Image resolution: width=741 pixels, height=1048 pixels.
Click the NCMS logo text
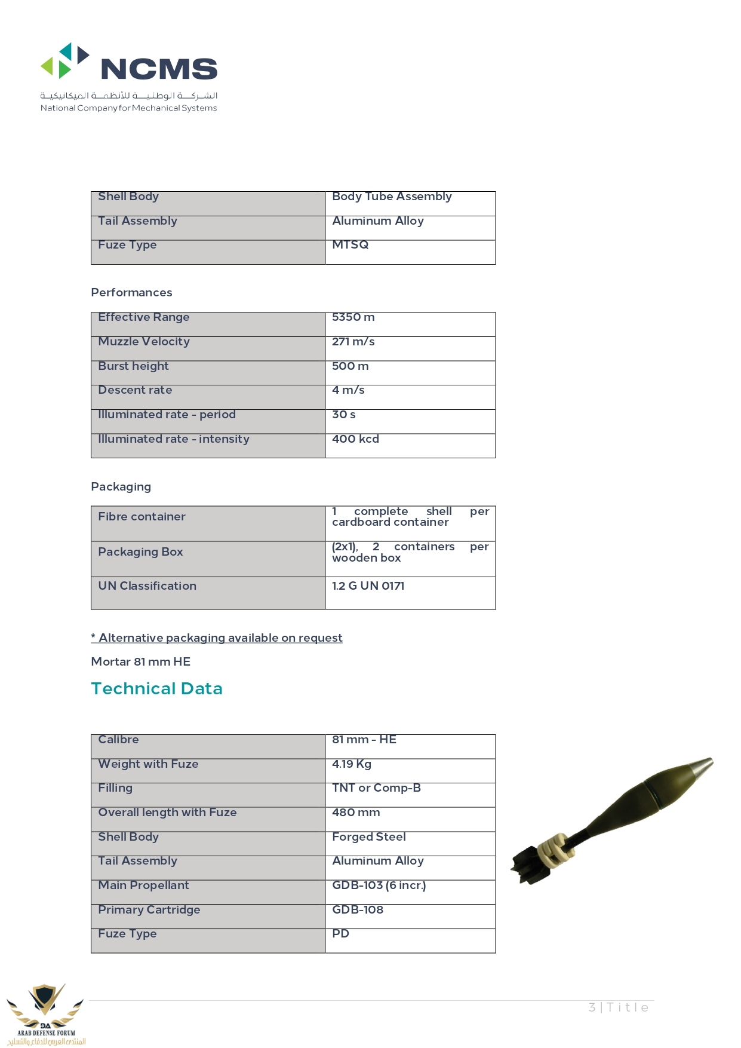point(159,69)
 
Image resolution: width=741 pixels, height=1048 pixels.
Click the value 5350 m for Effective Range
point(353,317)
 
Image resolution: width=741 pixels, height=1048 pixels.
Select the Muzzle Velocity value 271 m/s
point(353,342)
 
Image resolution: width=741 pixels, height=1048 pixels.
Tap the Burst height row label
point(133,366)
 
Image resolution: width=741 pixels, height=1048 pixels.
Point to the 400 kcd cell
point(355,439)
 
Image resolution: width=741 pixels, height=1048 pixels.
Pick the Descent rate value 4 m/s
point(348,390)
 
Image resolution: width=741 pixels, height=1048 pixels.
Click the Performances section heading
point(131,293)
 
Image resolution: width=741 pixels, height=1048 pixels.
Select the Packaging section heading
point(121,487)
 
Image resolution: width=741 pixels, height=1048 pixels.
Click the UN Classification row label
point(147,586)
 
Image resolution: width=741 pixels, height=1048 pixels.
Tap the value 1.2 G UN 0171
point(368,586)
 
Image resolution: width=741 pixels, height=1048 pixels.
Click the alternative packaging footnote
point(217,638)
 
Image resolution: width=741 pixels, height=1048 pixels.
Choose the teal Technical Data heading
point(156,689)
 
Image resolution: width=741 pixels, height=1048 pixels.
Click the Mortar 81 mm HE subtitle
point(140,662)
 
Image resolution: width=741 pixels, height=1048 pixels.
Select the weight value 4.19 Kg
point(352,764)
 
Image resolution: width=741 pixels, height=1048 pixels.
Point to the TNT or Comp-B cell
point(376,788)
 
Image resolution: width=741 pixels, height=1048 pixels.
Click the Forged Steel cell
point(368,837)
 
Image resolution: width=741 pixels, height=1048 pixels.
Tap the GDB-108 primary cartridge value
point(358,910)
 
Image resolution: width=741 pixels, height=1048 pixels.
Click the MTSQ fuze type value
point(350,245)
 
